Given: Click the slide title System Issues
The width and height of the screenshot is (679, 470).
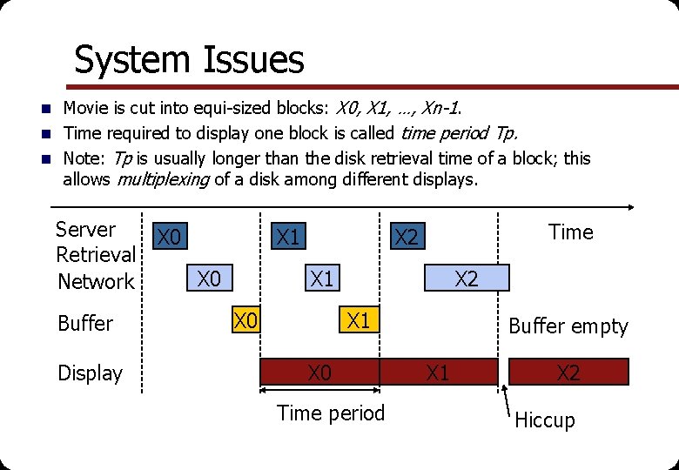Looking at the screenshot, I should pyautogui.click(x=189, y=60).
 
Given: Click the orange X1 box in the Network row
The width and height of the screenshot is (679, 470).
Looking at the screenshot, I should pyautogui.click(x=322, y=279).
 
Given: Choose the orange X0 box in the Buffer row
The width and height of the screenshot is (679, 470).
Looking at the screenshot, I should pyautogui.click(x=246, y=320).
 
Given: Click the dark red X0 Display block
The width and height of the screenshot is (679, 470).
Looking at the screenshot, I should pyautogui.click(x=320, y=373).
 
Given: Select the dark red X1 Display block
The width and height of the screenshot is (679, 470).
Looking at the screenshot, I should pyautogui.click(x=438, y=373).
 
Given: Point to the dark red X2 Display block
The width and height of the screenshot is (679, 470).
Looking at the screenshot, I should pyautogui.click(x=568, y=373).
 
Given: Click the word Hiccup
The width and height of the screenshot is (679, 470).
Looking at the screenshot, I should pyautogui.click(x=545, y=420).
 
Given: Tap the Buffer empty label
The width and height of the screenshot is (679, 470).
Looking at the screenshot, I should pyautogui.click(x=568, y=326).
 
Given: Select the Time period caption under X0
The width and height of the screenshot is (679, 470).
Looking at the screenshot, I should pyautogui.click(x=330, y=413).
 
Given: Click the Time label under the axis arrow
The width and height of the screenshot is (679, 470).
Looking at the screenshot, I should pyautogui.click(x=570, y=232).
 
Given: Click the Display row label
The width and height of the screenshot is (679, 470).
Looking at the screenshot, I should pyautogui.click(x=90, y=373).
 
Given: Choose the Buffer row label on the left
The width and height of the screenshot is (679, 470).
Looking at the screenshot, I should pyautogui.click(x=85, y=324).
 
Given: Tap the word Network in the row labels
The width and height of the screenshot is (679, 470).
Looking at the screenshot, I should pyautogui.click(x=96, y=281).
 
